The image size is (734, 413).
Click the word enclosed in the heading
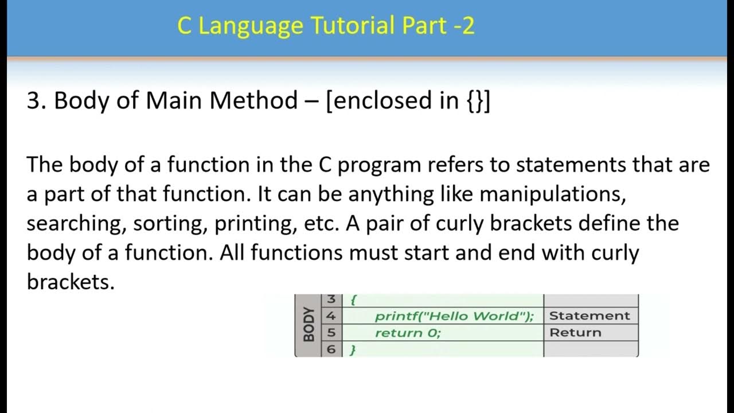(383, 101)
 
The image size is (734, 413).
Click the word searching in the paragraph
(76, 224)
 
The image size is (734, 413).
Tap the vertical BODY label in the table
(309, 325)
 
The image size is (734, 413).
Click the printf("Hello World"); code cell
(454, 316)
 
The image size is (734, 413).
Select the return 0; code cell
(408, 333)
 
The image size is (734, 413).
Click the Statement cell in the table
(589, 316)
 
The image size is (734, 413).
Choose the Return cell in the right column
(575, 333)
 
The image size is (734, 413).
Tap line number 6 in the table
(331, 349)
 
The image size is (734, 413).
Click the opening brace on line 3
(354, 300)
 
